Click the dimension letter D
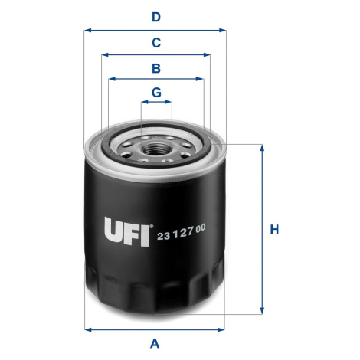pyautogui.click(x=156, y=17)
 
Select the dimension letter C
pyautogui.click(x=156, y=43)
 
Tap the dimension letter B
pyautogui.click(x=156, y=68)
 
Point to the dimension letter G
pyautogui.click(x=156, y=92)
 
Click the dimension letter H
pyautogui.click(x=274, y=230)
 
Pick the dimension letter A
pyautogui.click(x=155, y=343)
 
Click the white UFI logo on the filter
pyautogui.click(x=127, y=231)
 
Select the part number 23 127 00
pyautogui.click(x=181, y=232)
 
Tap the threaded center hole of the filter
pyautogui.click(x=156, y=149)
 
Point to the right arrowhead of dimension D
pyautogui.click(x=222, y=31)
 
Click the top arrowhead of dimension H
pyautogui.click(x=262, y=148)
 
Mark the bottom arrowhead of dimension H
pyautogui.click(x=262, y=310)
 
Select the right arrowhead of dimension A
pyautogui.click(x=221, y=329)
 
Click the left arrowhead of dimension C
pyautogui.click(x=105, y=55)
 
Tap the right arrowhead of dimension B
pyautogui.click(x=200, y=79)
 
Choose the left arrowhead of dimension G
pyautogui.click(x=145, y=102)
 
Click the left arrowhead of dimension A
pyautogui.click(x=88, y=329)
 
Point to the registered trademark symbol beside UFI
pyautogui.click(x=152, y=226)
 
